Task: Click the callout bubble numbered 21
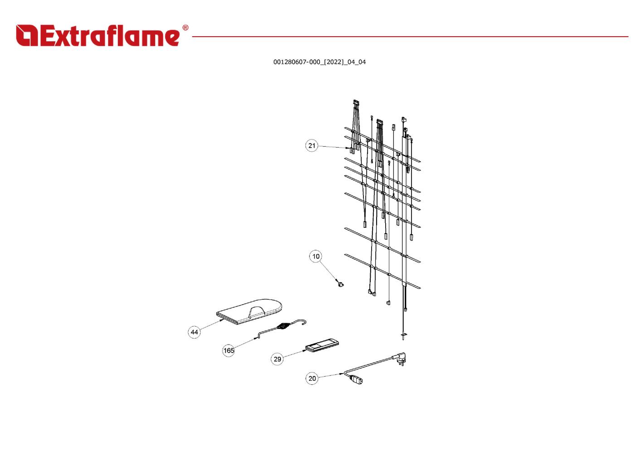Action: coord(311,146)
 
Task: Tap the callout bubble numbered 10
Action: coord(316,256)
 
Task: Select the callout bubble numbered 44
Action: coord(194,332)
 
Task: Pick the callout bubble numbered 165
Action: coord(228,350)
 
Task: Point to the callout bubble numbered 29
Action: coord(277,359)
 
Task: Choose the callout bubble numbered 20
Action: coord(312,378)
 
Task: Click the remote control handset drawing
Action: coord(322,345)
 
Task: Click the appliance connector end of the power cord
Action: coord(355,380)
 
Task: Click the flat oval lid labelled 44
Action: coord(249,312)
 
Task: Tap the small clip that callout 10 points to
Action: coord(340,283)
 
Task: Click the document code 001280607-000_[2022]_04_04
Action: coord(319,62)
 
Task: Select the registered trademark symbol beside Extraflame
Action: coord(185,28)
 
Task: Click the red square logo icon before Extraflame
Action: coord(27,35)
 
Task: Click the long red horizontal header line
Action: coord(410,37)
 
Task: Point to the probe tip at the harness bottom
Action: coord(403,336)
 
